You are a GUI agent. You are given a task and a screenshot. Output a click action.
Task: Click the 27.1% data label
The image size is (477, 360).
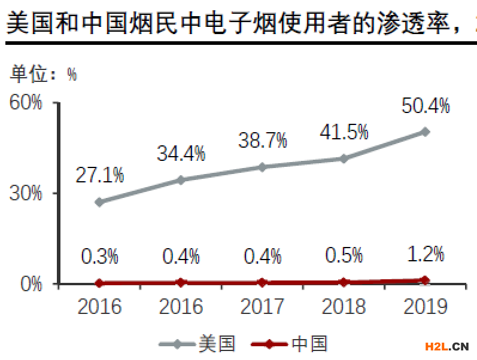[x=99, y=175]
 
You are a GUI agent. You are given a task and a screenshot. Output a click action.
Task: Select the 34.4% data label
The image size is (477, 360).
[x=181, y=153]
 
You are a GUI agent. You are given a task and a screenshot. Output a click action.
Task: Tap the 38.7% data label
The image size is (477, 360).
[x=262, y=141]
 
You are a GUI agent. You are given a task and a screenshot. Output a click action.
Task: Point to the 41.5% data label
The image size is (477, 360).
[x=344, y=132]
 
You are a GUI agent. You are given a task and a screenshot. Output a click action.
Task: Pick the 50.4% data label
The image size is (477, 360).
[x=425, y=106]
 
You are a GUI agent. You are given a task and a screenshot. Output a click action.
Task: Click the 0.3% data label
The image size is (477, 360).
[x=99, y=257]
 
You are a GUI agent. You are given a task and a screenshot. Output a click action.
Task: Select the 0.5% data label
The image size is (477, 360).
[x=344, y=255]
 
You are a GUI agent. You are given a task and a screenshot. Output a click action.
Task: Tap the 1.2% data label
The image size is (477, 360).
[x=425, y=254]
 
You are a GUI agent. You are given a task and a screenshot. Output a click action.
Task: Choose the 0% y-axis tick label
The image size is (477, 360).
[x=31, y=283]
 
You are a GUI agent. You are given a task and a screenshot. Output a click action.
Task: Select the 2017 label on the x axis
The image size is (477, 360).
[x=262, y=307]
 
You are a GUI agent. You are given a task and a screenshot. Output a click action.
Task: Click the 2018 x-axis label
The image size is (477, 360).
[x=344, y=307]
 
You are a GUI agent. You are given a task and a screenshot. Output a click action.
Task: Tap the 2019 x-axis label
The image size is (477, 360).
[x=425, y=307]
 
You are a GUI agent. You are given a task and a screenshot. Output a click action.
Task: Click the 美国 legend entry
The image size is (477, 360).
[x=198, y=344]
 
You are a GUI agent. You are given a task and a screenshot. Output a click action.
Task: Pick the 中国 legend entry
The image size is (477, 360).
[x=290, y=344]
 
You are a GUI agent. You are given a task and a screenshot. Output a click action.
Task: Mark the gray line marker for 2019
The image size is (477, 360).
[x=425, y=132]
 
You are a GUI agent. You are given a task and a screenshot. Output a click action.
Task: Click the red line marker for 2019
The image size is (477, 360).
[x=425, y=280]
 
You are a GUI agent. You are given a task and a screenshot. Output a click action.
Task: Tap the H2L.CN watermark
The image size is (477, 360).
[x=446, y=346]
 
